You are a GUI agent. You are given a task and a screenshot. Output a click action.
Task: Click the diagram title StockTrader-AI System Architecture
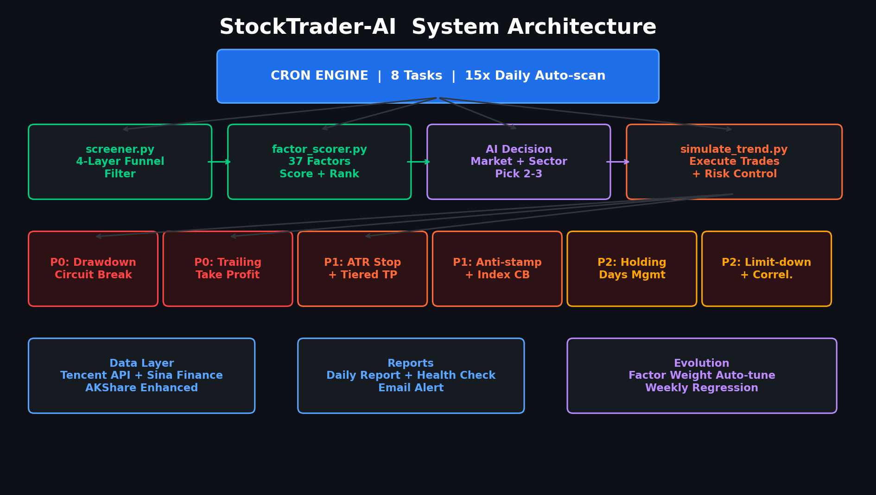[438, 27]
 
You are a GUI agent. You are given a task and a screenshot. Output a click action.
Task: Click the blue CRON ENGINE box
[438, 76]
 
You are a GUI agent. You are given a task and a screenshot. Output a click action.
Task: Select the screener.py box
[120, 162]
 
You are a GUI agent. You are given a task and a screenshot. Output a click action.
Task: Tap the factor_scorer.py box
[319, 162]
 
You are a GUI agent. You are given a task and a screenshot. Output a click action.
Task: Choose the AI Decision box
[519, 162]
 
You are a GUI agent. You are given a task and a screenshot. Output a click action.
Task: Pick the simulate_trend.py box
[734, 162]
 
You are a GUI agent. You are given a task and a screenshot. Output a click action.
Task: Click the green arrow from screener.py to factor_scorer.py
[219, 162]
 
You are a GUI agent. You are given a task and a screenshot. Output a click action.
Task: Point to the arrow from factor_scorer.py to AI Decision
[419, 162]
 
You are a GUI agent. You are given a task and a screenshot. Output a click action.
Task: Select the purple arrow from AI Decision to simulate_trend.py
[618, 162]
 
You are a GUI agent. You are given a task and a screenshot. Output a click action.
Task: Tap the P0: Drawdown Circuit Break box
[93, 269]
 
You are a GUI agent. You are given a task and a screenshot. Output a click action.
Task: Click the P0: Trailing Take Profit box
[228, 269]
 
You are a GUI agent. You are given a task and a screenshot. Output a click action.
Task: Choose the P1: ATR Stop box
[362, 269]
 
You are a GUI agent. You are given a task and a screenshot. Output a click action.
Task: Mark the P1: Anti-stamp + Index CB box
[497, 269]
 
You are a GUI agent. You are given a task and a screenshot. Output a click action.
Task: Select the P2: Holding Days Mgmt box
[632, 269]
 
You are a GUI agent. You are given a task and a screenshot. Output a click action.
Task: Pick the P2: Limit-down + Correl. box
[767, 269]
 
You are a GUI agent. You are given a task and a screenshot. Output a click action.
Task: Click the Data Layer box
[141, 376]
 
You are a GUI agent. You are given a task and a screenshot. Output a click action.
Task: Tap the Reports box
[411, 376]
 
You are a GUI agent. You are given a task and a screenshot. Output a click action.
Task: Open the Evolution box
[702, 376]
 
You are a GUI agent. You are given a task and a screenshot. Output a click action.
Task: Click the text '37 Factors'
[319, 162]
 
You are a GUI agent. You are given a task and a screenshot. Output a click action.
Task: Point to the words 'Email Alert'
[411, 388]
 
